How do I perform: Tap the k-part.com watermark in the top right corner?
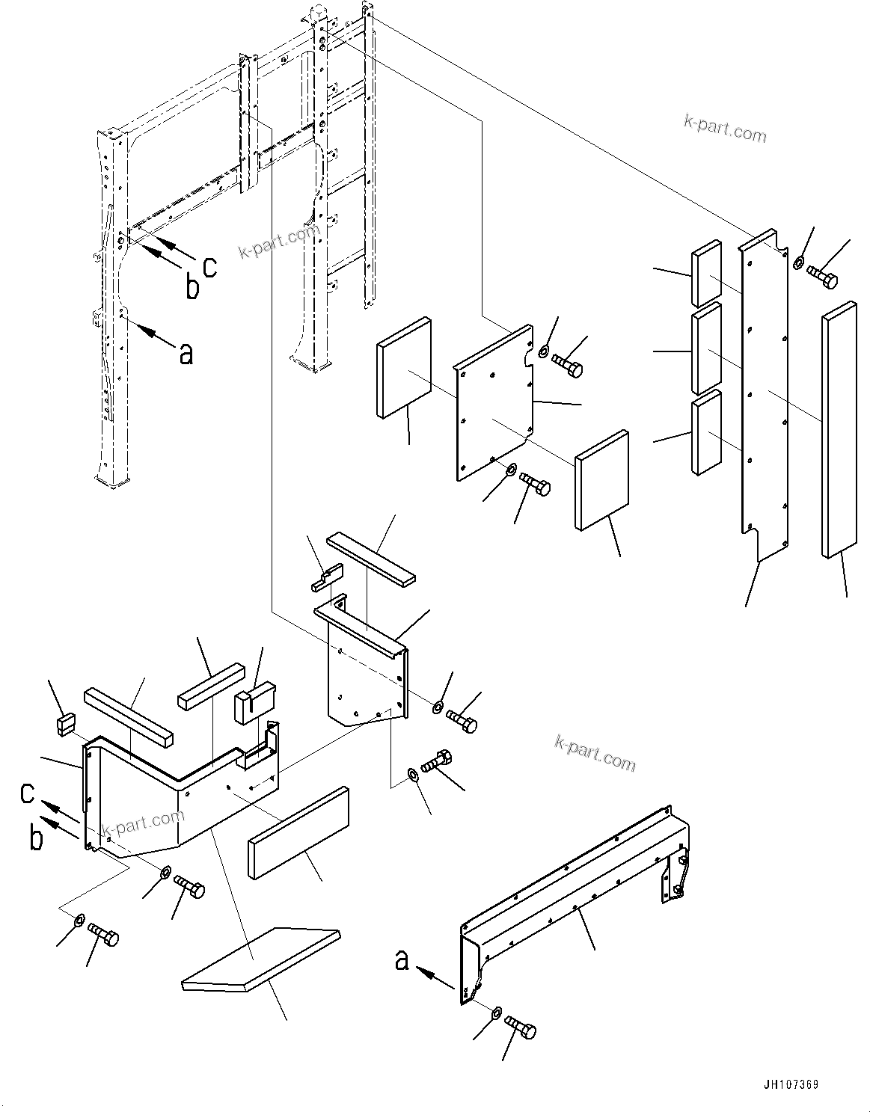click(725, 129)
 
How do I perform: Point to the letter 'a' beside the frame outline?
click(186, 353)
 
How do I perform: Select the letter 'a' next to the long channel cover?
click(402, 960)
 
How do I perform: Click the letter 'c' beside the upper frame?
click(210, 265)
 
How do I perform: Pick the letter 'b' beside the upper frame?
click(192, 286)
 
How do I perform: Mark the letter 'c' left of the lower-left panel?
click(28, 793)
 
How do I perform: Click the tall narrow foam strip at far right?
click(839, 429)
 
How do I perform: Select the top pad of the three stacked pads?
click(706, 273)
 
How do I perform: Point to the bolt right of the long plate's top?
click(823, 279)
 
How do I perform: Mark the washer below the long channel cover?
click(496, 1014)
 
